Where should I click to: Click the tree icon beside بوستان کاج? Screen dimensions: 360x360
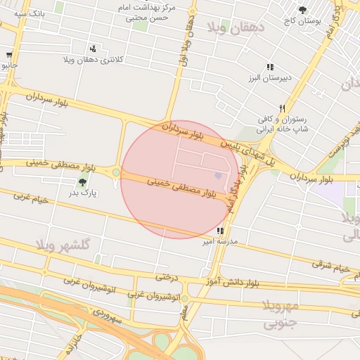(302, 10)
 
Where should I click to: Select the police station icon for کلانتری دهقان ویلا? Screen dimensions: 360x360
(93, 49)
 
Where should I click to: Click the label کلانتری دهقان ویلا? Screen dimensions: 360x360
(94, 60)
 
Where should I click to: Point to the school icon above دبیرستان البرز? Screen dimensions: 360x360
(270, 66)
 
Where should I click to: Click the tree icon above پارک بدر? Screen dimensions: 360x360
(82, 182)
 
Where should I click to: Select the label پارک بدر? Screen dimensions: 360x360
(83, 192)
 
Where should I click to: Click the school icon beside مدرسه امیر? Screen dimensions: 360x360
(220, 230)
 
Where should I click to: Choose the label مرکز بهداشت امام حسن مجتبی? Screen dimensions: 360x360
(148, 13)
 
